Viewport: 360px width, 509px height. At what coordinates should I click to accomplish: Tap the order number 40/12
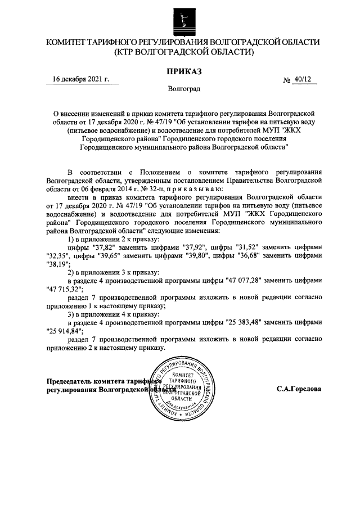point(301,80)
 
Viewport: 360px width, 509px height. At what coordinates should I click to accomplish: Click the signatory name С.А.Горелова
point(299,388)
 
